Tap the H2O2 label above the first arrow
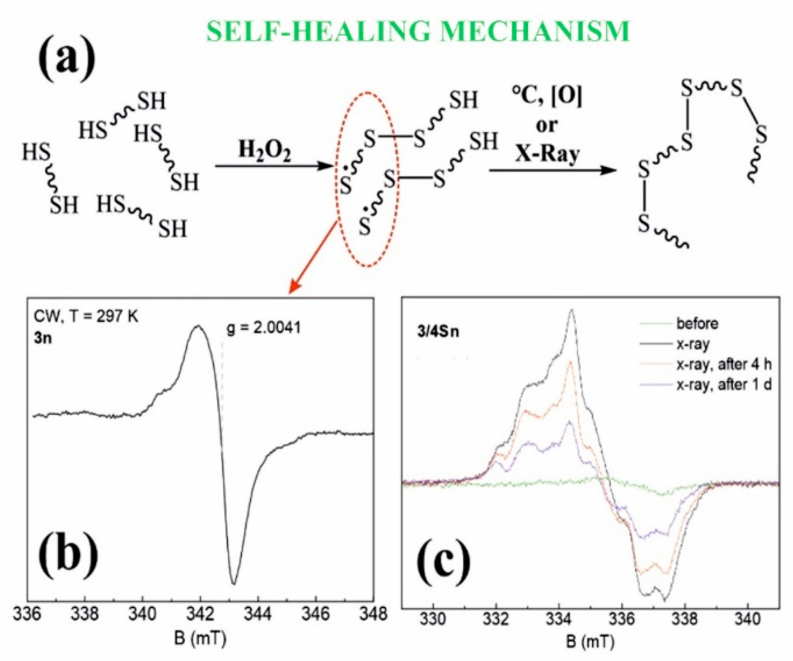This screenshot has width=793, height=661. click(x=264, y=151)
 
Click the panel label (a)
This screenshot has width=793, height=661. click(x=66, y=58)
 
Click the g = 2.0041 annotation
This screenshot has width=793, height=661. click(x=264, y=328)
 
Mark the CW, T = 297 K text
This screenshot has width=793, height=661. click(x=86, y=317)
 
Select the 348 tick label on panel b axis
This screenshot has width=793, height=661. click(x=373, y=614)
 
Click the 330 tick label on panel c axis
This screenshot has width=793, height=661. click(x=433, y=618)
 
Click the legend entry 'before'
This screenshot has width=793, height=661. click(x=697, y=323)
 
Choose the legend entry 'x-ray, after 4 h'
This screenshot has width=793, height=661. click(x=724, y=364)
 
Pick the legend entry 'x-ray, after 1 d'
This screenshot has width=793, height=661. click(x=724, y=385)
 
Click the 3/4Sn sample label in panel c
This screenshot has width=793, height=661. click(x=438, y=331)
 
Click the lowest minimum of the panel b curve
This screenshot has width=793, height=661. click(x=233, y=583)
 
